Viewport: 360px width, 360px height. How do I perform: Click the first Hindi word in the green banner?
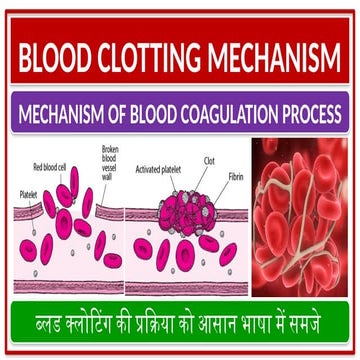pos(56,324)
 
